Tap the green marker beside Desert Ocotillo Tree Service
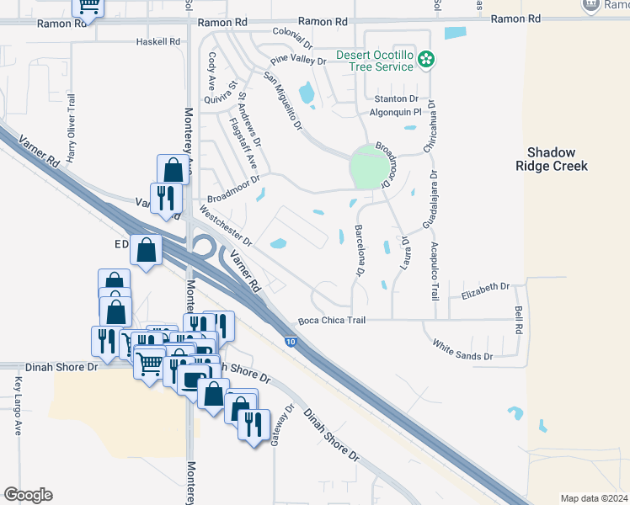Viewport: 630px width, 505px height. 427,59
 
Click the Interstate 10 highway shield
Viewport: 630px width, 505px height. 291,342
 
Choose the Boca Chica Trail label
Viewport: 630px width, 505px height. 333,321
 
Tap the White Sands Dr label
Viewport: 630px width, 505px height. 462,351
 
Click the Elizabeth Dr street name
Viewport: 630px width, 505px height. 487,287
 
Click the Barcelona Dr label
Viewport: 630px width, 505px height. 359,250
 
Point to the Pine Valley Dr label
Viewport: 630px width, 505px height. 297,61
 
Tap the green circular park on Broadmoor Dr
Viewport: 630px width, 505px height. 366,167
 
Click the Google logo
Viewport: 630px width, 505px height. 28,495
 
